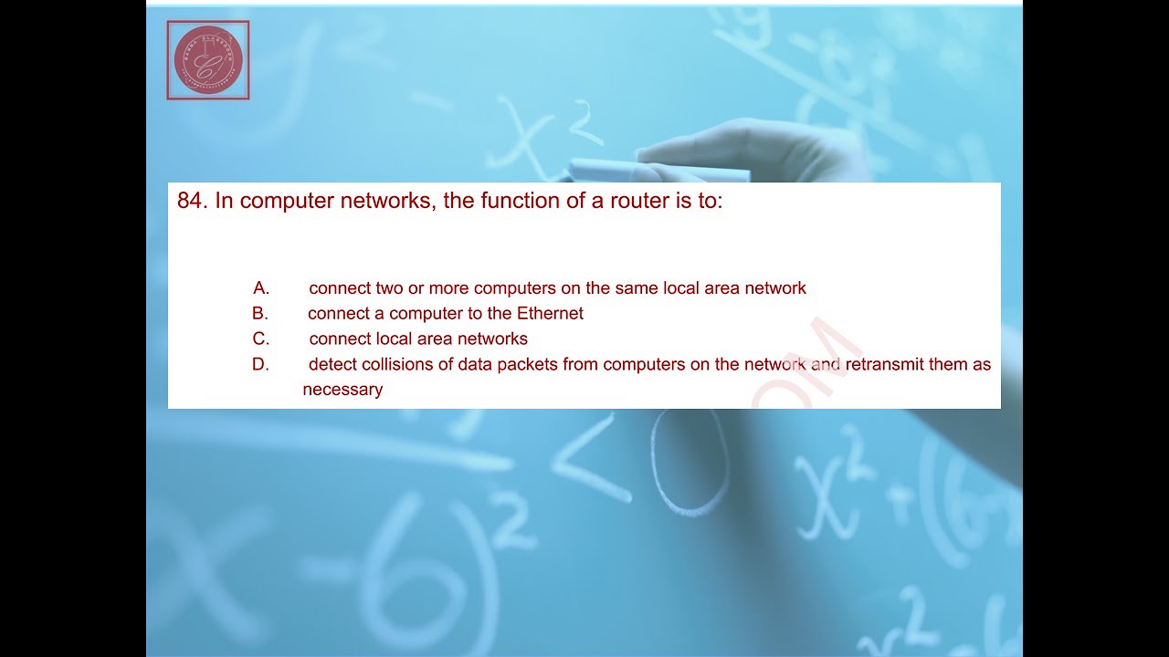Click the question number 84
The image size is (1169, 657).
(192, 202)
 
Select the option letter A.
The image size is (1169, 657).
(261, 288)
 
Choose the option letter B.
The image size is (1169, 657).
(260, 314)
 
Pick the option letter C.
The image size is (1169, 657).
(261, 339)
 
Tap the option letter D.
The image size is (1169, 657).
(261, 365)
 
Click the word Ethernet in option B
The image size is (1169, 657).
(550, 314)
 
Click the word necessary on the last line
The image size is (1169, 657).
(342, 390)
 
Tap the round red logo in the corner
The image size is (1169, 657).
(208, 60)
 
